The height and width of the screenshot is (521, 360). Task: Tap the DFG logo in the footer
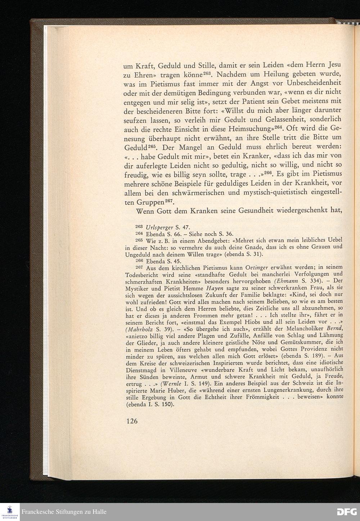coord(347,512)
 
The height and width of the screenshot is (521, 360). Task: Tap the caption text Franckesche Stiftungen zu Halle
coord(64,512)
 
